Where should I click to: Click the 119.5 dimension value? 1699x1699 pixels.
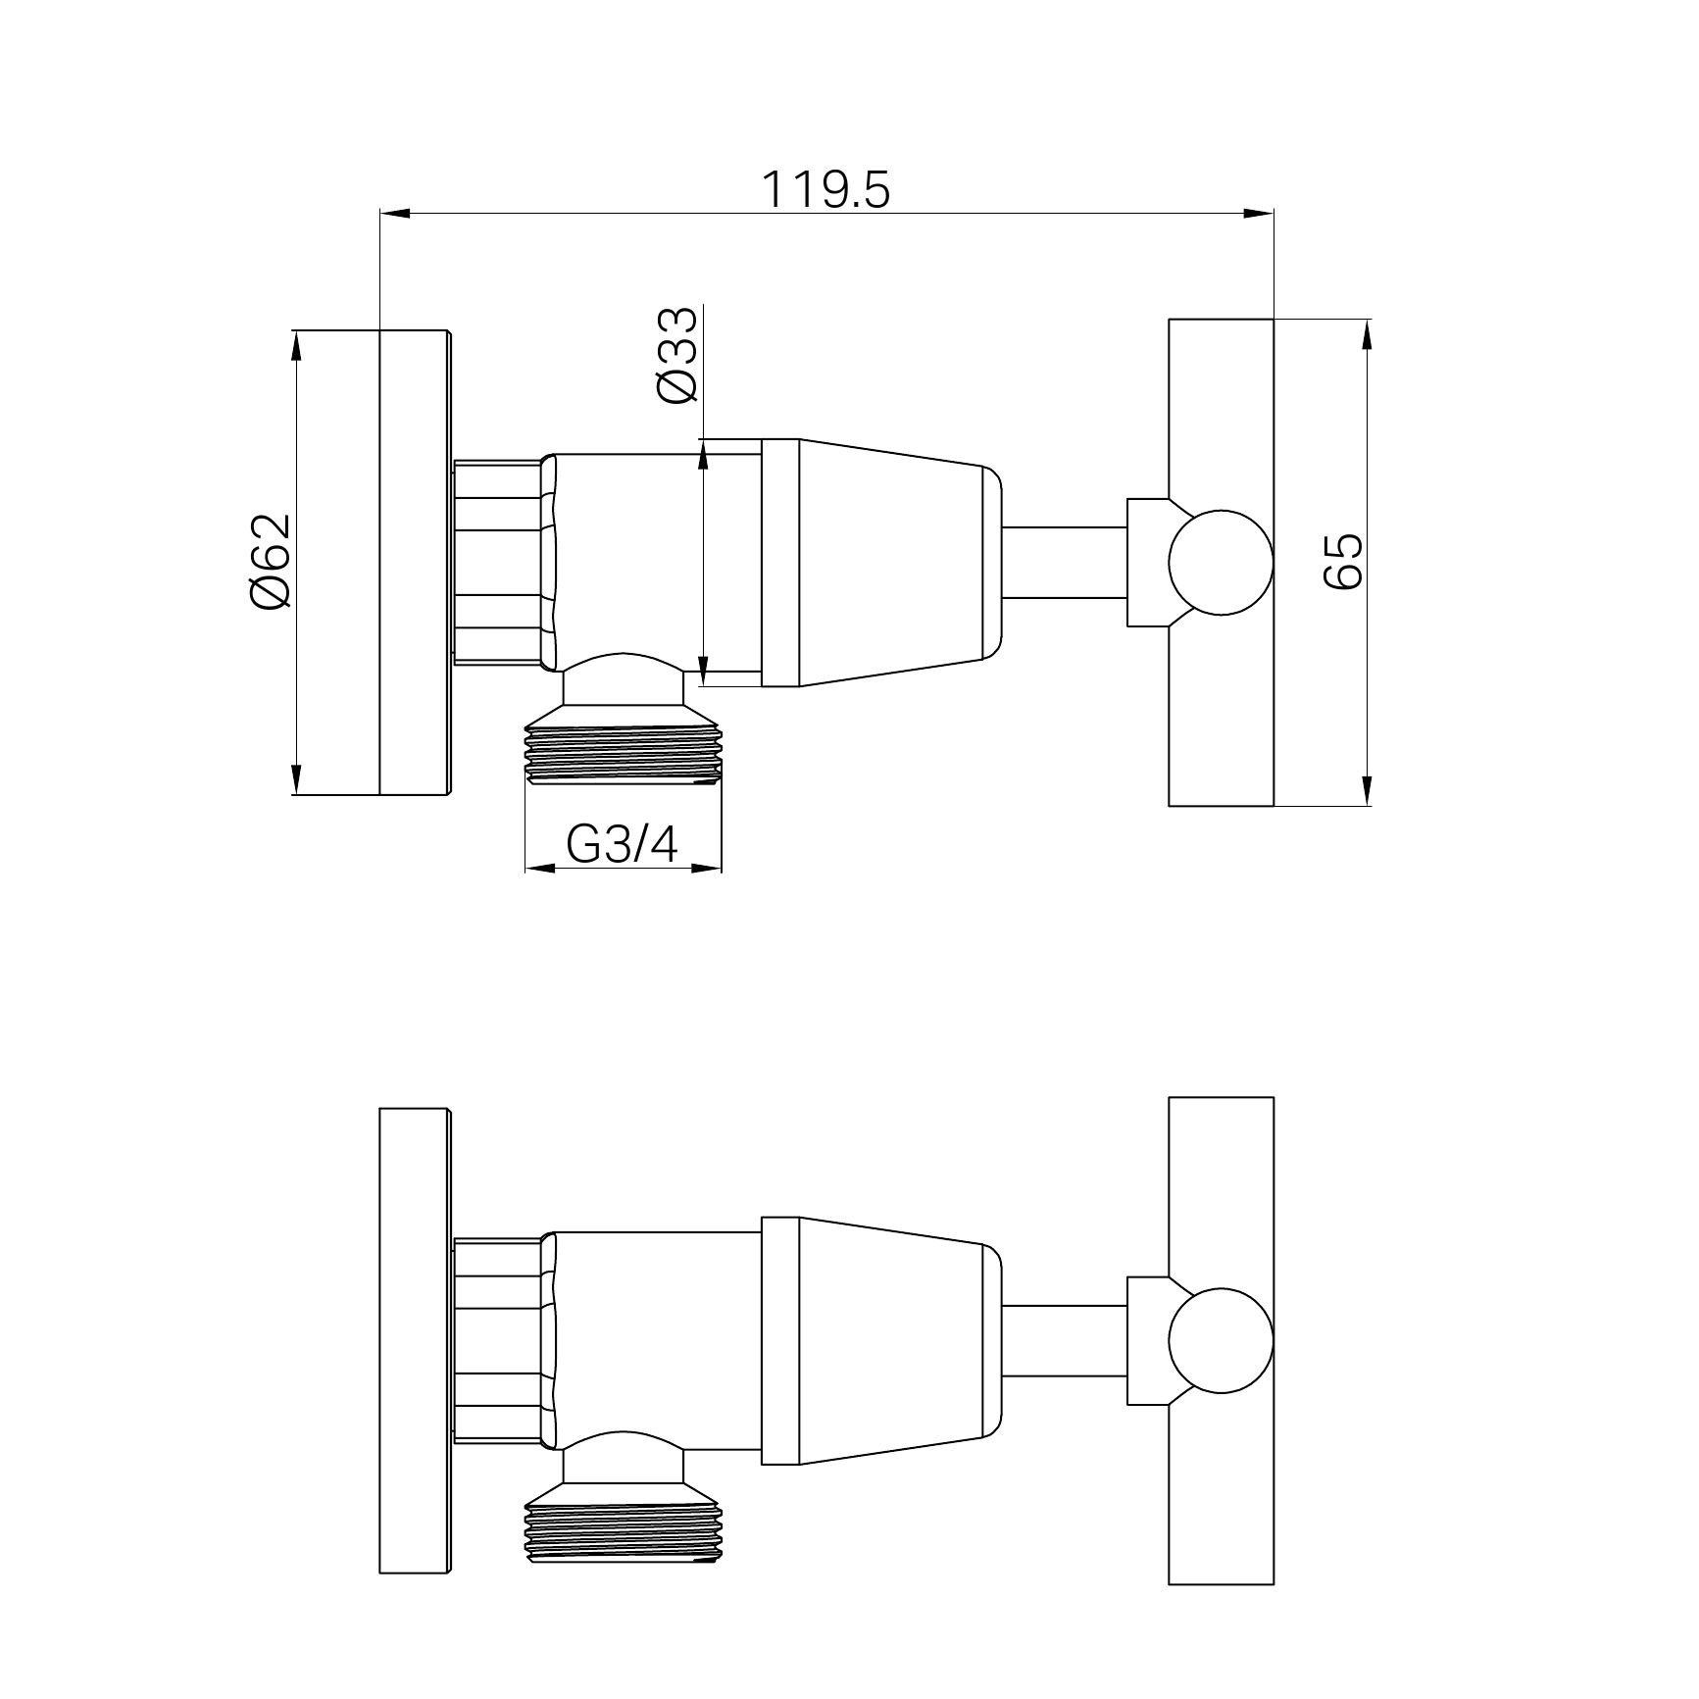(825, 190)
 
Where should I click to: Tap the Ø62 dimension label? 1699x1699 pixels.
(271, 561)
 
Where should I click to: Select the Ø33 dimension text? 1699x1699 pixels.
(677, 355)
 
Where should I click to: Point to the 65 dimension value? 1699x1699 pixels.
(1342, 562)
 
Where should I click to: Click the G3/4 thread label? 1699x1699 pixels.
(623, 844)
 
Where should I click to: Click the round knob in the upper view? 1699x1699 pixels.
(1221, 563)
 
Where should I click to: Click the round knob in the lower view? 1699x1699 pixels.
(1221, 1341)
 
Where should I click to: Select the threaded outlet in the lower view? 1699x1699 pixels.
(624, 1531)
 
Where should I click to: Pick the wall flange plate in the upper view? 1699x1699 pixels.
(415, 562)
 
